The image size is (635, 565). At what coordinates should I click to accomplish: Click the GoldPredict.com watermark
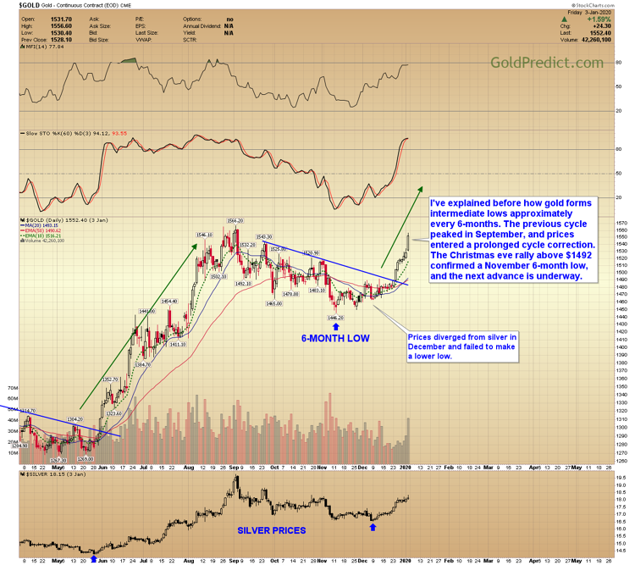[x=546, y=63]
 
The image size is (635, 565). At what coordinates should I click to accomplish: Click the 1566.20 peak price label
[x=235, y=219]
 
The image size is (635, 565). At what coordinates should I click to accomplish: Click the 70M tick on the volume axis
[x=11, y=387]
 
